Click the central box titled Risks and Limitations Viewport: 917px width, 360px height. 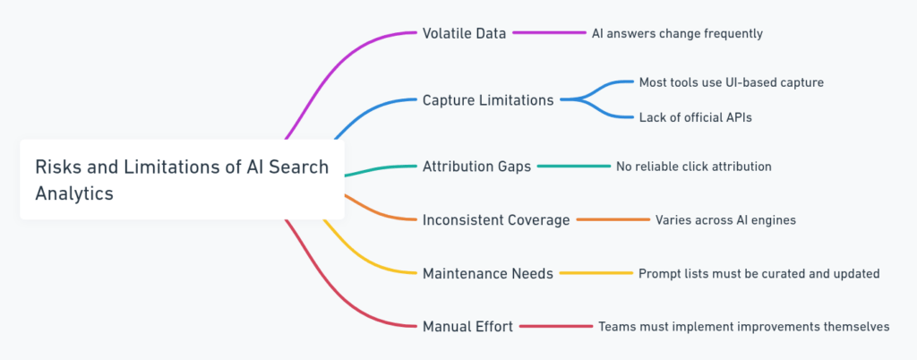182,179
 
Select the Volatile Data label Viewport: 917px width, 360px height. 464,33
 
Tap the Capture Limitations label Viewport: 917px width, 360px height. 488,100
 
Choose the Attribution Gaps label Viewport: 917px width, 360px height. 476,167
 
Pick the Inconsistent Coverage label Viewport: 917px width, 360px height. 496,220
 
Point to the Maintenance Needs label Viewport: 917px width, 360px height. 488,273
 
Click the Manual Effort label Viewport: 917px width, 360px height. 467,327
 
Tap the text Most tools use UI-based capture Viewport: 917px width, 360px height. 731,82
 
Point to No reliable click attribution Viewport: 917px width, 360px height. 693,167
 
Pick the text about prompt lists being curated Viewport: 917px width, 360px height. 758,273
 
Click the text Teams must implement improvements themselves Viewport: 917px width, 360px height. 743,327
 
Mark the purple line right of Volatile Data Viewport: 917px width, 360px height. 549,33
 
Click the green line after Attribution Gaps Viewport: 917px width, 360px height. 573,167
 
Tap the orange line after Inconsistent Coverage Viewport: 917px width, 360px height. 613,220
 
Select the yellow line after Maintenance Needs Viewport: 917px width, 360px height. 596,273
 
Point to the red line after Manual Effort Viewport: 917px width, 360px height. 555,327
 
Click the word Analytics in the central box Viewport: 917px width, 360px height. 74,193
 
